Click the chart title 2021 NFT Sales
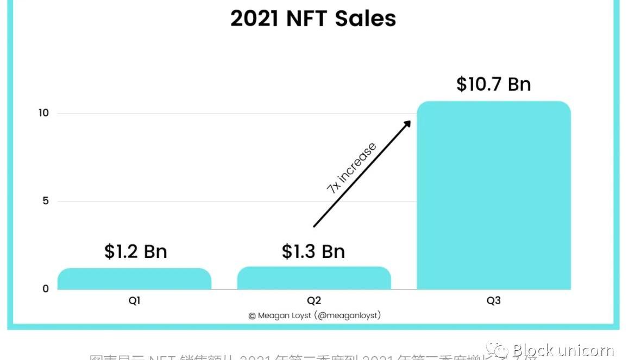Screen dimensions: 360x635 [313, 18]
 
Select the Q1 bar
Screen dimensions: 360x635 [134, 279]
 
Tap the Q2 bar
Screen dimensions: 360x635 [314, 278]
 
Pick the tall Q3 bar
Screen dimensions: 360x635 [493, 195]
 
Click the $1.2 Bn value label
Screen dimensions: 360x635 [136, 251]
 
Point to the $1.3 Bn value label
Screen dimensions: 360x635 [313, 251]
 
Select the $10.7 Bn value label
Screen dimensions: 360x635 [493, 84]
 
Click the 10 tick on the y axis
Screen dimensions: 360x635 [43, 113]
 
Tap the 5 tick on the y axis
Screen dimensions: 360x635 [46, 201]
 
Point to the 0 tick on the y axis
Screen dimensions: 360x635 [46, 289]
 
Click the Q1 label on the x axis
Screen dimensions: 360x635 [134, 301]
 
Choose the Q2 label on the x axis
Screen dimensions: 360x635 [314, 301]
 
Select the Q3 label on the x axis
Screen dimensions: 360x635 [493, 301]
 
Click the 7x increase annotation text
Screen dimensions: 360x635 [351, 168]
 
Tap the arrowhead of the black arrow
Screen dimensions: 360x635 [407, 123]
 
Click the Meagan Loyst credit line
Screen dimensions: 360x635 [315, 315]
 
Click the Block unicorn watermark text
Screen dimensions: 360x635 [563, 350]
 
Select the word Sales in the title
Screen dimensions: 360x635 [365, 18]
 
